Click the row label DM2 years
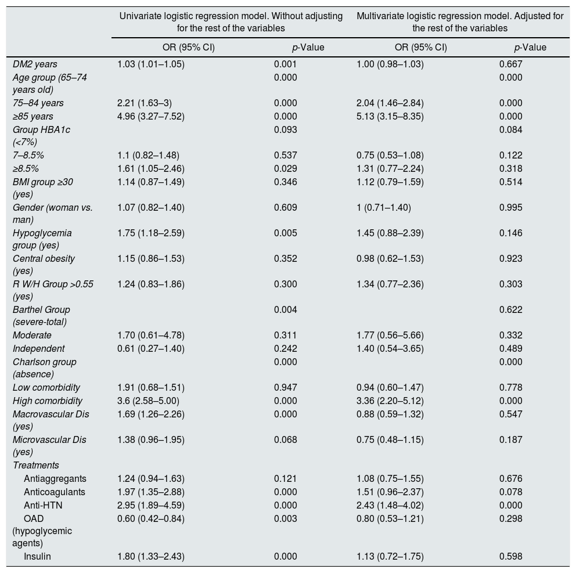tap(35, 64)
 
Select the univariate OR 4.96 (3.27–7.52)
tap(150, 116)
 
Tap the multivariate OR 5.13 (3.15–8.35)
tap(390, 116)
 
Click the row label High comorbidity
tap(48, 401)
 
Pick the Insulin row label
tap(37, 556)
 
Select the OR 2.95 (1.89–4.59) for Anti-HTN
tap(150, 505)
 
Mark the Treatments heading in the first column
tap(36, 465)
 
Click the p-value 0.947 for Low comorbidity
tap(285, 387)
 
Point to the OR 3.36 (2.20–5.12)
tap(390, 401)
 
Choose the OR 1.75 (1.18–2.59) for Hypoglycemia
tap(150, 233)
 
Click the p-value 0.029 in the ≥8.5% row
tap(285, 168)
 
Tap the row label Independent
tap(38, 348)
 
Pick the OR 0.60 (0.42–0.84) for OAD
tap(150, 518)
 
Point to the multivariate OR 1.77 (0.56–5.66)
tap(390, 335)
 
